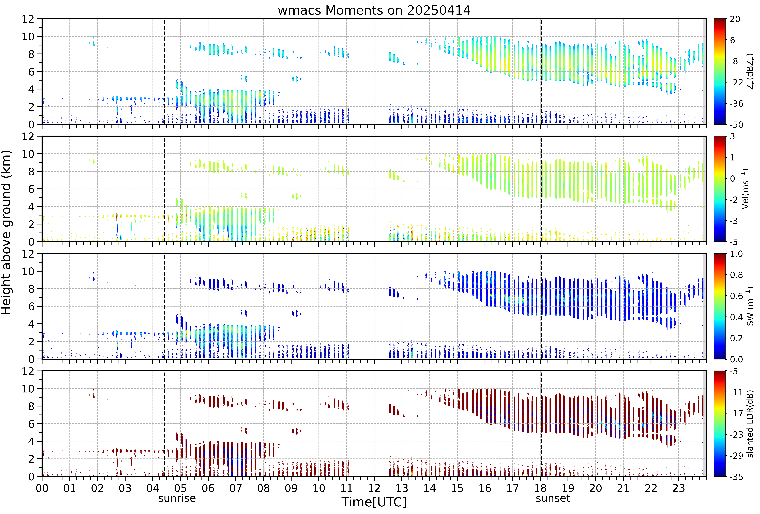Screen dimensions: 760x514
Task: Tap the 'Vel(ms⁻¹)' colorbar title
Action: [x=746, y=189]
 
